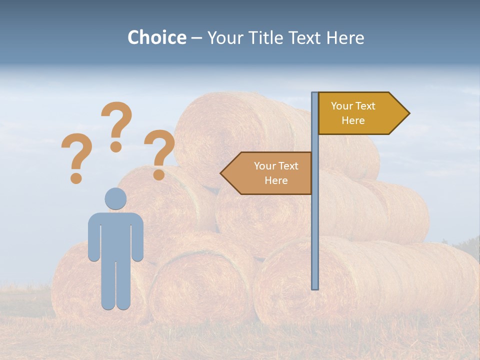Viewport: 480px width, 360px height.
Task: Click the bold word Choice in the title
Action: pyautogui.click(x=156, y=37)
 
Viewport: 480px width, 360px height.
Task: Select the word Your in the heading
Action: pyautogui.click(x=224, y=37)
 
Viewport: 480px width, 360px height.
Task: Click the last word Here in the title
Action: pyautogui.click(x=345, y=37)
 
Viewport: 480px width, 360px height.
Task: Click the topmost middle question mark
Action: pyautogui.click(x=116, y=125)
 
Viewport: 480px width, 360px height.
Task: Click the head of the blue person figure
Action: pyautogui.click(x=115, y=198)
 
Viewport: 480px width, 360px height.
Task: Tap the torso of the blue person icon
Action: pyautogui.click(x=115, y=235)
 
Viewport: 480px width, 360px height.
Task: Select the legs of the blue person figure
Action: pyautogui.click(x=115, y=285)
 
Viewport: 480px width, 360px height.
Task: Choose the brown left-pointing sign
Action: pyautogui.click(x=270, y=173)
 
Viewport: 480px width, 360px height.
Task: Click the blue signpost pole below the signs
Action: pyautogui.click(x=315, y=240)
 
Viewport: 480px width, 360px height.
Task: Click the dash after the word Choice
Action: pyautogui.click(x=196, y=38)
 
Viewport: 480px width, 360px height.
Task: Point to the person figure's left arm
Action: pyautogui.click(x=93, y=237)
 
